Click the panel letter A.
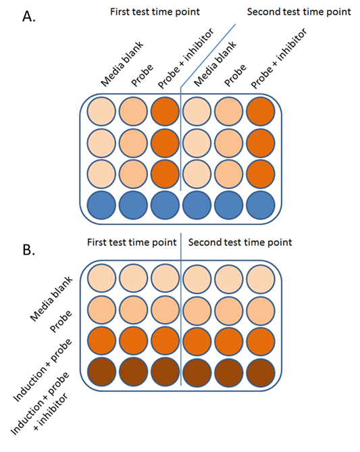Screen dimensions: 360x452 click(x=29, y=17)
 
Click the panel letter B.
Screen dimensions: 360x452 click(x=29, y=249)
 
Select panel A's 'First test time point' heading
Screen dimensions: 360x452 click(x=155, y=11)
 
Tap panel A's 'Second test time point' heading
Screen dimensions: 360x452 click(x=299, y=11)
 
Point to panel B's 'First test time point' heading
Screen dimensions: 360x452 click(x=132, y=242)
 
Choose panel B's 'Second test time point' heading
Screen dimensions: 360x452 click(x=240, y=242)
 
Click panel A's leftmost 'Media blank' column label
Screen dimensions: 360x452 click(x=122, y=64)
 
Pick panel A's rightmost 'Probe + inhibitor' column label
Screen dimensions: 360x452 click(x=279, y=58)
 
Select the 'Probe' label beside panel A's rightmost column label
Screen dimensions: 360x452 click(x=235, y=75)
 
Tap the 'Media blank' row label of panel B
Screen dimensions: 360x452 click(x=51, y=299)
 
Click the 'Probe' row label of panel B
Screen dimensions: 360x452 click(x=61, y=322)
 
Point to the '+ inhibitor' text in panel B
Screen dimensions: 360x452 click(x=51, y=411)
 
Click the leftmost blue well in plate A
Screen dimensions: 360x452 click(x=101, y=205)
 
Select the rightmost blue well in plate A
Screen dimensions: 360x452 click(x=260, y=205)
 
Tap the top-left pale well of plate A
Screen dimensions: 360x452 click(x=101, y=111)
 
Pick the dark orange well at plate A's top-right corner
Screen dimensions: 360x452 click(x=260, y=111)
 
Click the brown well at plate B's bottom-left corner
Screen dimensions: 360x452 click(x=101, y=372)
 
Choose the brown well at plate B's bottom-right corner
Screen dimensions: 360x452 click(x=260, y=372)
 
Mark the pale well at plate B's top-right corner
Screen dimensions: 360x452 click(x=260, y=278)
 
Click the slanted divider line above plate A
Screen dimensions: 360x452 click(x=208, y=55)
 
